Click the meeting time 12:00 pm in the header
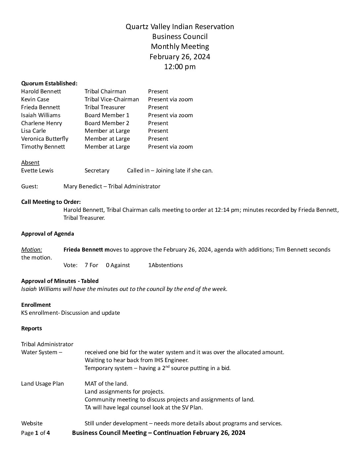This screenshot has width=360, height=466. point(180,67)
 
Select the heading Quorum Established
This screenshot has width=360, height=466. point(49,83)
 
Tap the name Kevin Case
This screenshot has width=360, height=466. point(35,99)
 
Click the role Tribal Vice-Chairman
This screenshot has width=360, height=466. point(112,99)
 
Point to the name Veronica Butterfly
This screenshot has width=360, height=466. point(45,139)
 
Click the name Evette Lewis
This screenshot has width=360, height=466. point(37,170)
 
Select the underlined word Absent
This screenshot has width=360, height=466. point(30,163)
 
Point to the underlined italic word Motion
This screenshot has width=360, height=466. point(31,250)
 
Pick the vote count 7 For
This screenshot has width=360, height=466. point(91,265)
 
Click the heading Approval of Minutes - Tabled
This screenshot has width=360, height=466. point(60,281)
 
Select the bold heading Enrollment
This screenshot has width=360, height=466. point(36,305)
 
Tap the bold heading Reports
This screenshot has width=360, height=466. point(31,328)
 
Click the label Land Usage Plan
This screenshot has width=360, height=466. point(42,384)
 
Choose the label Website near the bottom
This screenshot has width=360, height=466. point(32,423)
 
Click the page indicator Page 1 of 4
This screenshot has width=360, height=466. point(35,433)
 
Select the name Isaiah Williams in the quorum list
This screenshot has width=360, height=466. point(41,115)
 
